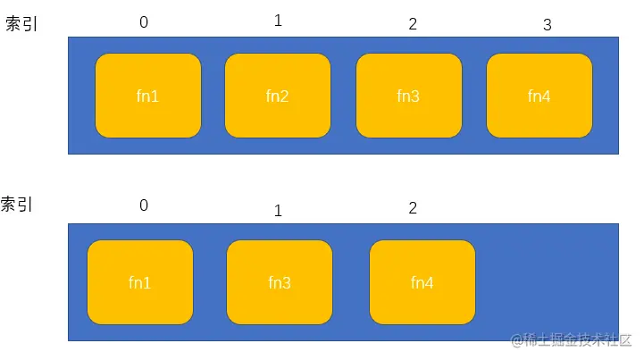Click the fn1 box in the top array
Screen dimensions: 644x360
[148, 96]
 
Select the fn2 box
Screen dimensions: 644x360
[277, 96]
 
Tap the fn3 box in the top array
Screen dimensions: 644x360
[408, 96]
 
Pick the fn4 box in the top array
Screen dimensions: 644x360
[539, 96]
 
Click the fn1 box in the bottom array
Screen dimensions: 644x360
[140, 282]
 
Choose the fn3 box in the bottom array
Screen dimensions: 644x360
[280, 282]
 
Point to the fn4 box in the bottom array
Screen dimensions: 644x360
[422, 282]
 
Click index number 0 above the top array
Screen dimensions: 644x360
[144, 23]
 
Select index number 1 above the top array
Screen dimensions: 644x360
[278, 21]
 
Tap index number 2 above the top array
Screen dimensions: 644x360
[413, 24]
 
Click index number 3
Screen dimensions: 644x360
[548, 25]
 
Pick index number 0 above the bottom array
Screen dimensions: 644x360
[144, 205]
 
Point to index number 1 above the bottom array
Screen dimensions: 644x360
[278, 212]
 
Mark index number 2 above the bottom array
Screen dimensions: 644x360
[413, 209]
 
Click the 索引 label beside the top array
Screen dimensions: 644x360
[21, 25]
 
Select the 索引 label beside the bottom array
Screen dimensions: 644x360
[17, 205]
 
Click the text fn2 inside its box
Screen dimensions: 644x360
[277, 96]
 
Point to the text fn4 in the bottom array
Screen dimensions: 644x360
[422, 283]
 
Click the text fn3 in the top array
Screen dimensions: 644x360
[408, 96]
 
